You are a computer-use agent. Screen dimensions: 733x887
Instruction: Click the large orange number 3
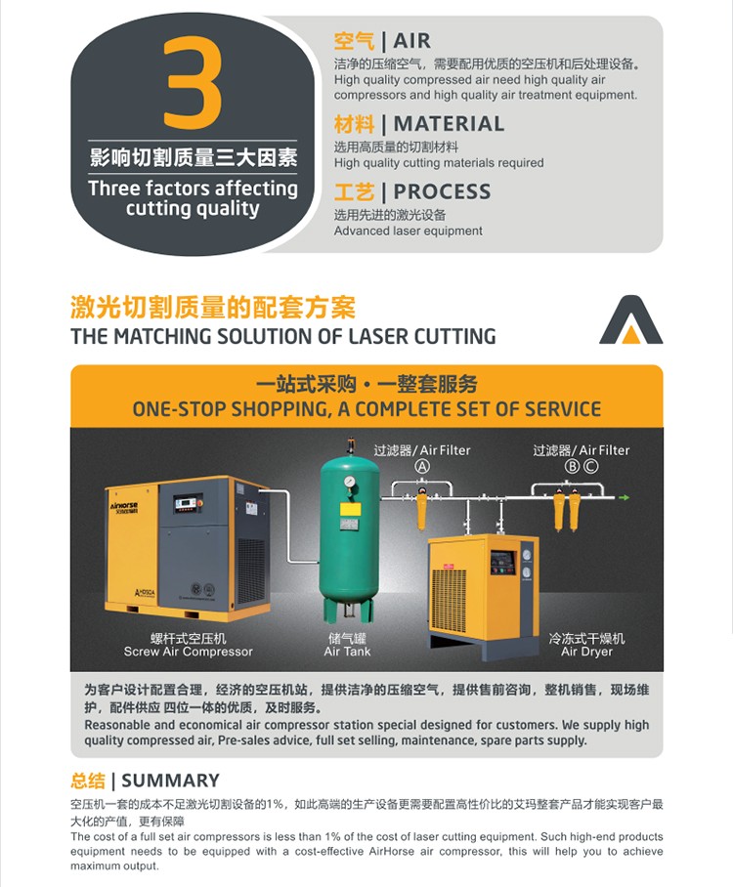coord(192,83)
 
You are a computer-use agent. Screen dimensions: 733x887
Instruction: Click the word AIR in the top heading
coord(412,41)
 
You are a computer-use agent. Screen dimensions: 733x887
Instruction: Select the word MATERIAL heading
coord(449,124)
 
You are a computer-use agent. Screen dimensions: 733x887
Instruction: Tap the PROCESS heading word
coord(442,191)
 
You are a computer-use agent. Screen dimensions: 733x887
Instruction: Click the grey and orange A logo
coord(630,319)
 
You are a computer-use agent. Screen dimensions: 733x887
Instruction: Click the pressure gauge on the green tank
coord(349,482)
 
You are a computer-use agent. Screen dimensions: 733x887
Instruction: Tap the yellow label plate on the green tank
coord(350,509)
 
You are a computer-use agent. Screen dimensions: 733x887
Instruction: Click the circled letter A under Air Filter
coord(422,466)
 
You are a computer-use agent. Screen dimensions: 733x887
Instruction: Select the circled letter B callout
coord(573,466)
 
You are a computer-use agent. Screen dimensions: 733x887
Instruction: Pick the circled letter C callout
coord(590,466)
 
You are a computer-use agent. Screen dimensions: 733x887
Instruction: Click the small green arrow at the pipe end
coord(624,497)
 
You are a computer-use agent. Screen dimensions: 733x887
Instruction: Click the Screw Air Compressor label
coord(189,652)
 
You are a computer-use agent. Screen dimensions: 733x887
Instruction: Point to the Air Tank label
coord(348,652)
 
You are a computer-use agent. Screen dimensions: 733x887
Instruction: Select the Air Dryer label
coord(587,652)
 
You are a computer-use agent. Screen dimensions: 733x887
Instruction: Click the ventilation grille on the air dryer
coord(450,601)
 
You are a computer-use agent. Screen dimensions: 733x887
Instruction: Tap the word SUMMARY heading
coord(170,781)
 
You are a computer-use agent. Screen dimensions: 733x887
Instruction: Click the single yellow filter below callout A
coord(421,509)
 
